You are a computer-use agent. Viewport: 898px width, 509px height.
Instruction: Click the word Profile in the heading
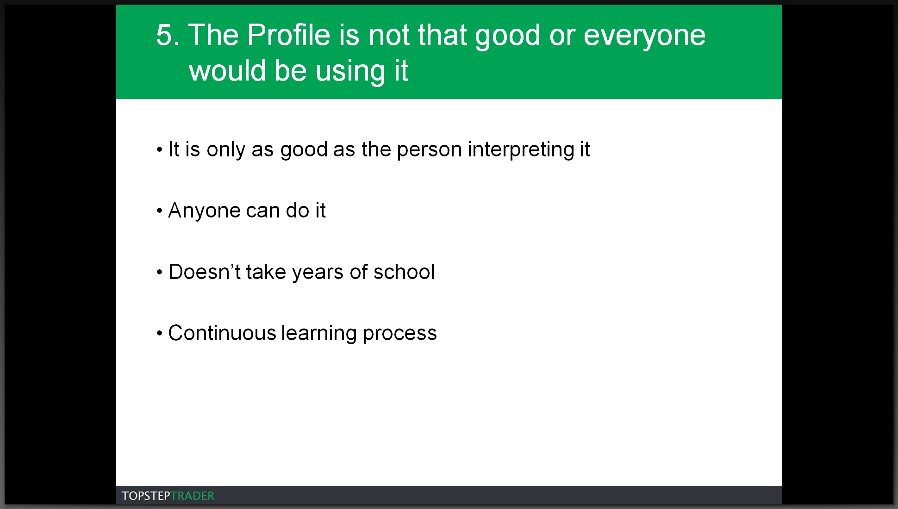(289, 35)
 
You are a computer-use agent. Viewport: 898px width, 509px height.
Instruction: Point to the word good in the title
(507, 37)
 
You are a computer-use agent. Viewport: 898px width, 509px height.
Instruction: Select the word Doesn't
(204, 272)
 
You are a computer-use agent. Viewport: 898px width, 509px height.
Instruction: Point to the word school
(404, 272)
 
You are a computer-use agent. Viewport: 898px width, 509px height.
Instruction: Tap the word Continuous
(222, 333)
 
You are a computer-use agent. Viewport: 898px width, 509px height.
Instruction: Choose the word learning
(319, 334)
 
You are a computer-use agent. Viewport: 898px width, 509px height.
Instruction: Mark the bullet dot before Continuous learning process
(159, 334)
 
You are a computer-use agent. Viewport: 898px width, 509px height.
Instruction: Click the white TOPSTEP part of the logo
(146, 496)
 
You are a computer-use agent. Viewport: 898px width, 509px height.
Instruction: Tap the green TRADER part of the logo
(193, 496)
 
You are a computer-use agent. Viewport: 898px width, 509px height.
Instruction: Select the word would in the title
(227, 71)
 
